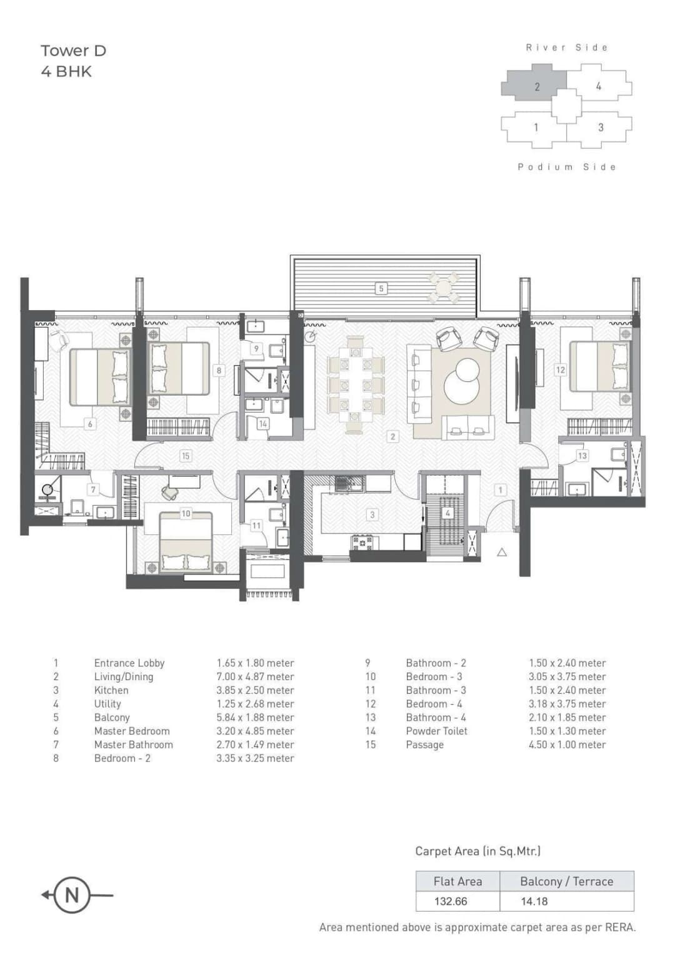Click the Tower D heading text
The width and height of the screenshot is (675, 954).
(73, 51)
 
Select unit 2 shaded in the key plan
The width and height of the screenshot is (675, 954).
(535, 86)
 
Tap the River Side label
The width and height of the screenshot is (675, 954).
(566, 48)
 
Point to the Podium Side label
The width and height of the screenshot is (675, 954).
(566, 167)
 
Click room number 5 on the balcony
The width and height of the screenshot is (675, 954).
(381, 288)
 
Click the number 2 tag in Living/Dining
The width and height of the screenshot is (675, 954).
(392, 436)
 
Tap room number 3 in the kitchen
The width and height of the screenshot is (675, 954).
(372, 515)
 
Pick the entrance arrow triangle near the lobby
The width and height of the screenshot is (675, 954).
(501, 552)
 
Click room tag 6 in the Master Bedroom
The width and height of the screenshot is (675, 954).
(90, 424)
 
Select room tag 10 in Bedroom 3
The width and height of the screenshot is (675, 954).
(186, 513)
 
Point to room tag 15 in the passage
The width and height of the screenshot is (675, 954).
(185, 456)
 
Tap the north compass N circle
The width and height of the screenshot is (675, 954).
(72, 895)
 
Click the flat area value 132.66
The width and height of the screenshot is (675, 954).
(451, 901)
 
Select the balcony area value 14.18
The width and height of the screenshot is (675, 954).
(534, 901)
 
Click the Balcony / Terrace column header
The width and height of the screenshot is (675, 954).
(566, 881)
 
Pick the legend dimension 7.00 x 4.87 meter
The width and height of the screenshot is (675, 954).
(255, 676)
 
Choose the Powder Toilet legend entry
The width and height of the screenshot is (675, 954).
(436, 731)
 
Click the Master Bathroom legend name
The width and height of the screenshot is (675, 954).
(133, 745)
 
